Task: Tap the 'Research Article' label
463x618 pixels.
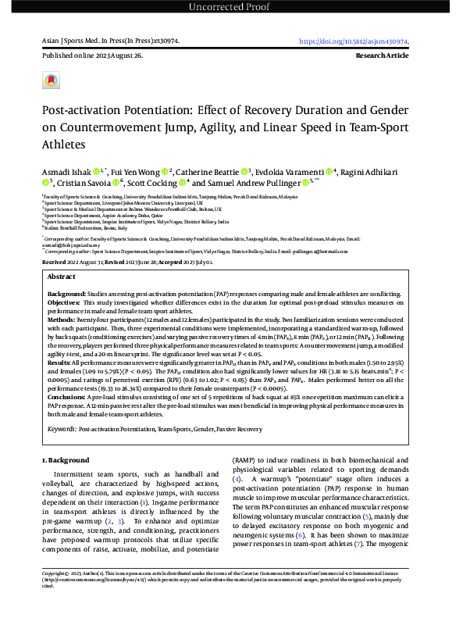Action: (x=386, y=57)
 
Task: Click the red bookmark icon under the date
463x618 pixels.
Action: (x=52, y=80)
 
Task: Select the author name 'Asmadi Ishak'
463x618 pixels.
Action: (x=66, y=170)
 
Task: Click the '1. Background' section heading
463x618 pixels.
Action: (x=66, y=461)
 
